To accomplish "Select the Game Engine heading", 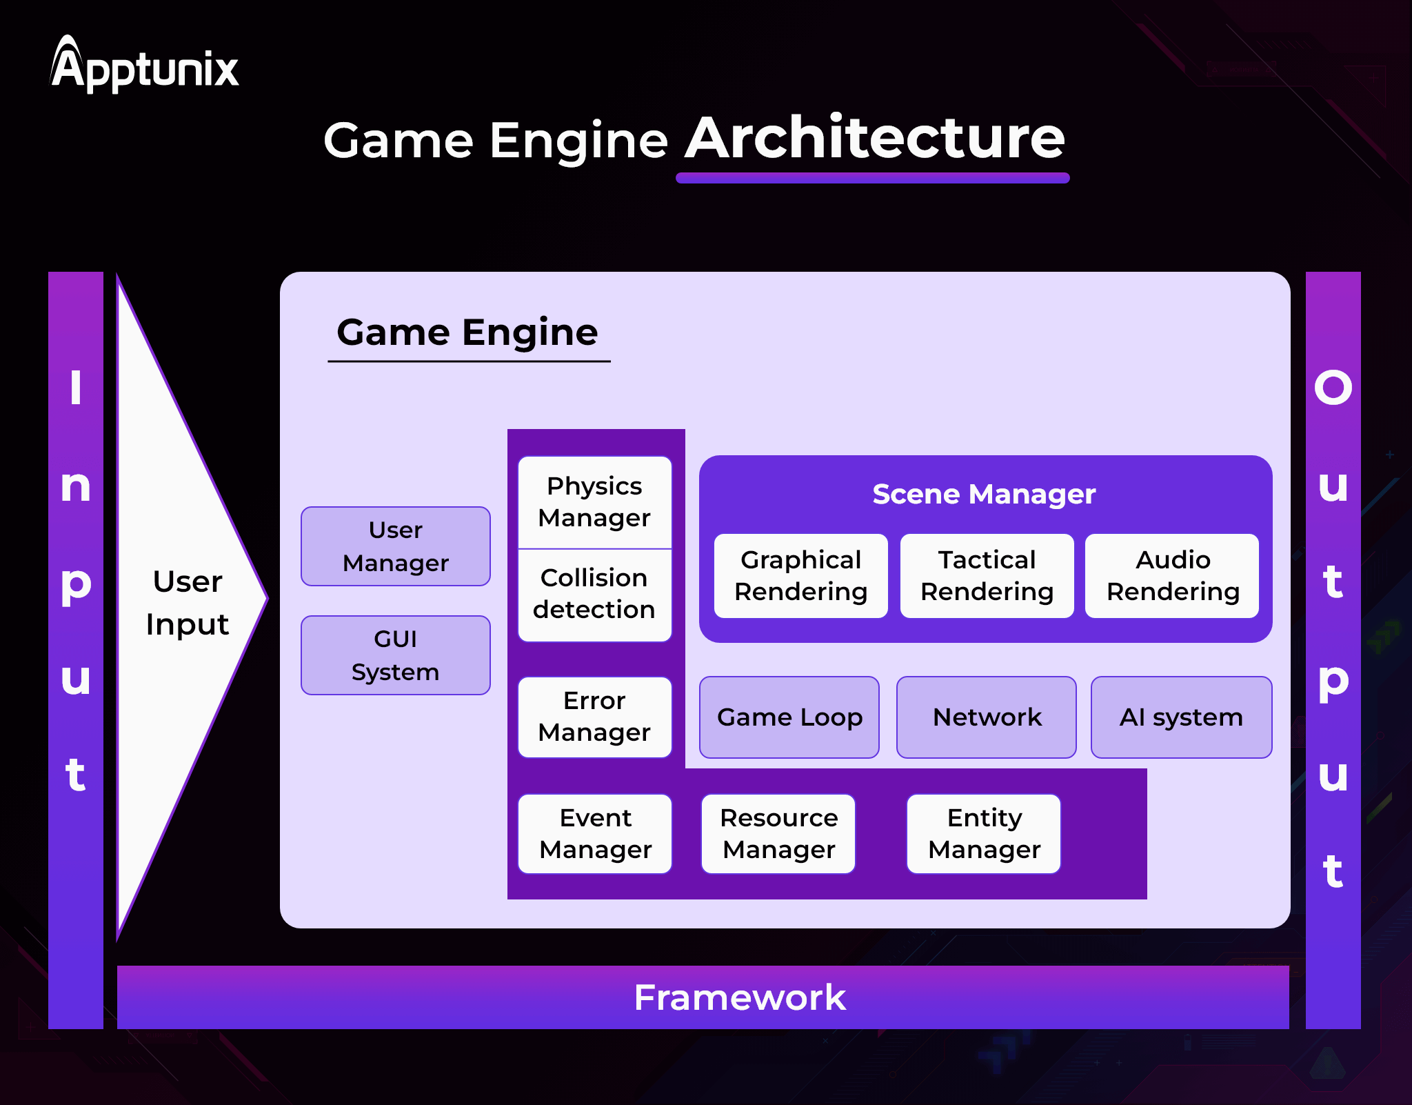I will click(x=467, y=332).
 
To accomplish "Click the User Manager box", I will click(x=396, y=546).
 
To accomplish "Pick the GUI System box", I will click(x=396, y=655).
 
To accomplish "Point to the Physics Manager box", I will click(x=594, y=502).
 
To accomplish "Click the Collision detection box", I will click(x=594, y=594).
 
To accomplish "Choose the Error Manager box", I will click(x=594, y=717).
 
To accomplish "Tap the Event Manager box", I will click(x=595, y=834).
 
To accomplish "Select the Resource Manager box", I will click(x=778, y=834).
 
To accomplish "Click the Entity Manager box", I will click(x=984, y=834).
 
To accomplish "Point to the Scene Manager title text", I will click(x=984, y=494).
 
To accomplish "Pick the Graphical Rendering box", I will click(x=800, y=576).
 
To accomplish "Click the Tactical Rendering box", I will click(x=987, y=576).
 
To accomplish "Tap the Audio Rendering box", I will click(x=1172, y=576).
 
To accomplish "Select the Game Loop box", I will click(x=789, y=717).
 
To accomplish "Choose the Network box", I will click(x=987, y=717).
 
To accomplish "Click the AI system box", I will click(x=1181, y=717).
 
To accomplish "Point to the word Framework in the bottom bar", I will click(x=739, y=997).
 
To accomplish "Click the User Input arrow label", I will click(x=188, y=603).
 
